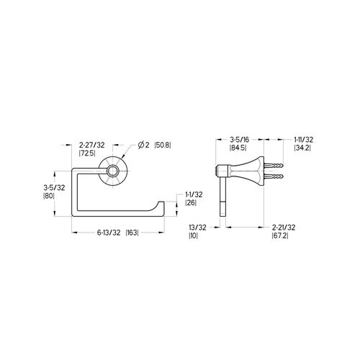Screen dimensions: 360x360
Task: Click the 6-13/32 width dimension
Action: pyautogui.click(x=109, y=233)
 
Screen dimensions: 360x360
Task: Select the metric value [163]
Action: pyautogui.click(x=132, y=233)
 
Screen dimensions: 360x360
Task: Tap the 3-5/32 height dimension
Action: pyautogui.click(x=54, y=188)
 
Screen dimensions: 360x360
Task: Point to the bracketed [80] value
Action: pyautogui.click(x=49, y=196)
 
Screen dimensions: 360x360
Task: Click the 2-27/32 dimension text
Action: pyautogui.click(x=92, y=145)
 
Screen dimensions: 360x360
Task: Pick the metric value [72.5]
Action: pyautogui.click(x=87, y=153)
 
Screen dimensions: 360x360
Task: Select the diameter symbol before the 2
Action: pyautogui.click(x=141, y=145)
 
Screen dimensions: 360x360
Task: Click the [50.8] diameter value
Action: pyautogui.click(x=163, y=145)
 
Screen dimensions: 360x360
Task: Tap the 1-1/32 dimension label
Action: pyautogui.click(x=194, y=194)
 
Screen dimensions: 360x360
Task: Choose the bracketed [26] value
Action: pyautogui.click(x=191, y=203)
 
